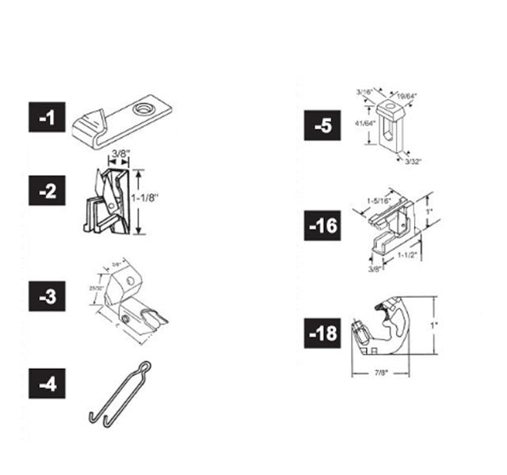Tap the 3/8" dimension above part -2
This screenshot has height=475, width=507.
[x=121, y=153]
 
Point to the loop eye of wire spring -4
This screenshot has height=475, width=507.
[x=143, y=366]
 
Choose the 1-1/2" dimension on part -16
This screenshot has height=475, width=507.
[x=409, y=255]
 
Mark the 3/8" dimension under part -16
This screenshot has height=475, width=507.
[x=374, y=268]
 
